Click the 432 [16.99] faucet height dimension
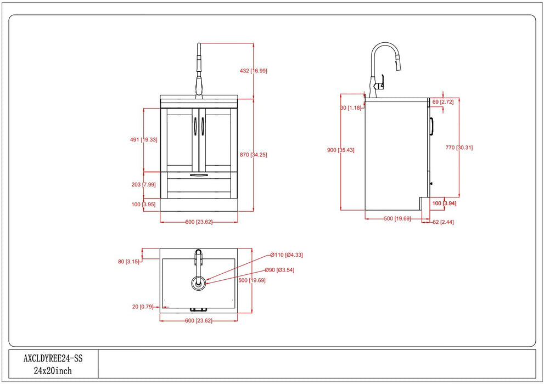(x=254, y=71)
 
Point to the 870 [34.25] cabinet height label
(x=253, y=155)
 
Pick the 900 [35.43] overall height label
(x=340, y=150)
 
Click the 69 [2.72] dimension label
(x=443, y=103)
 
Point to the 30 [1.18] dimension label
(x=351, y=108)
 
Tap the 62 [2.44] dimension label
(x=443, y=222)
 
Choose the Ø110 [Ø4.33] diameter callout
(x=287, y=255)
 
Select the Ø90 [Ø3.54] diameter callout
(x=279, y=270)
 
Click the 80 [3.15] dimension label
(x=128, y=262)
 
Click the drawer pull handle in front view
(x=199, y=175)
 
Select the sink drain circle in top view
(x=199, y=283)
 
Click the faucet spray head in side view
(x=399, y=66)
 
